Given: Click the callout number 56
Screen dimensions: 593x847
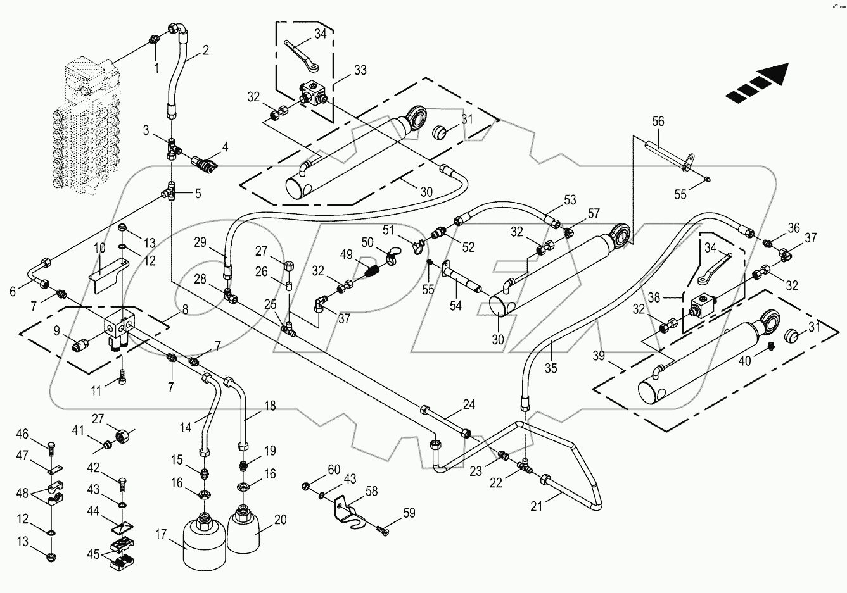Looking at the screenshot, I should point(658,122).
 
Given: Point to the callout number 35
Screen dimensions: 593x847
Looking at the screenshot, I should point(551,367).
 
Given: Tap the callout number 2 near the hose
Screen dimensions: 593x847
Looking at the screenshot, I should point(205,50).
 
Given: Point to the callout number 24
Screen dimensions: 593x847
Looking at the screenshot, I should point(468,404).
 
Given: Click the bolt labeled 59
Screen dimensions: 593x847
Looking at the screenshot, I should point(381,527).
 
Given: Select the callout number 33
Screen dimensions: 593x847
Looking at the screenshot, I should point(360,70).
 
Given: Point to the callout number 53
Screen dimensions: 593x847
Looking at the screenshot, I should point(570,201).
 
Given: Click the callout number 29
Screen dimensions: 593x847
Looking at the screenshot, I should point(201,242).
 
